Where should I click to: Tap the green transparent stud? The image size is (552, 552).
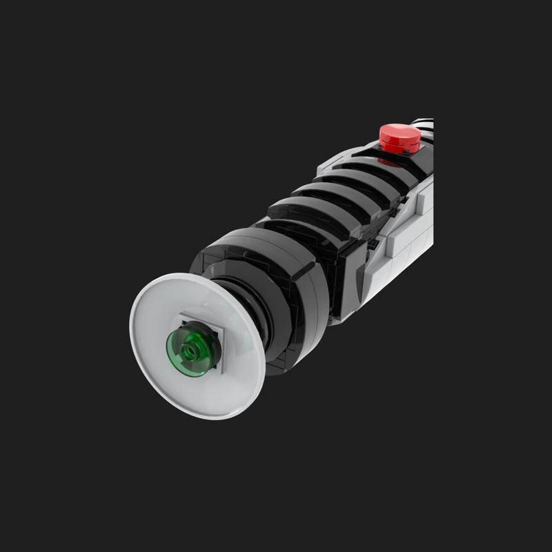(188, 352)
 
